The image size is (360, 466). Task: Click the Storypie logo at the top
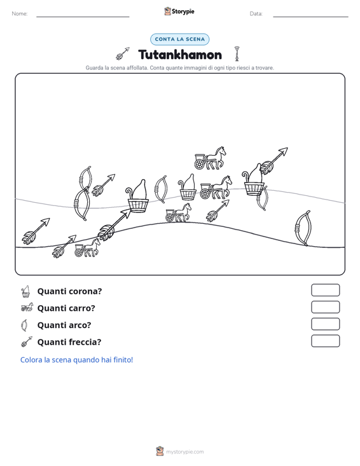click(x=179, y=11)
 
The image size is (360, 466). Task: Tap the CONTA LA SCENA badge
click(x=179, y=39)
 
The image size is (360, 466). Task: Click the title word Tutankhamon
click(x=180, y=55)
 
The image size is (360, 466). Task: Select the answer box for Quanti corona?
click(x=325, y=290)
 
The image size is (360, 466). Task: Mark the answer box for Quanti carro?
click(x=325, y=307)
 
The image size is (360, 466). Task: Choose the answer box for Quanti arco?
click(x=325, y=324)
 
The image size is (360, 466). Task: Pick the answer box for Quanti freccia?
click(x=325, y=341)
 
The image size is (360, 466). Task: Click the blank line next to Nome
click(x=83, y=17)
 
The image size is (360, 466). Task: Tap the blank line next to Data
click(x=310, y=17)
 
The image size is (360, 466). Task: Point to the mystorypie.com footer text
click(x=184, y=452)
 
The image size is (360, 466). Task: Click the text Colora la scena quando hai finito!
click(x=76, y=360)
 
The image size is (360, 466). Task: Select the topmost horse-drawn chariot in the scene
click(x=210, y=158)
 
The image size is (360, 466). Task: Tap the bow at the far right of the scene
click(x=303, y=228)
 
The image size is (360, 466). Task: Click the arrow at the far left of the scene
click(x=36, y=231)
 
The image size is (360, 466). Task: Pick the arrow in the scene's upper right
click(x=273, y=161)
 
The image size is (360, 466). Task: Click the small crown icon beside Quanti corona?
click(x=26, y=292)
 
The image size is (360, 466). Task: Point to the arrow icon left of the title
click(x=123, y=53)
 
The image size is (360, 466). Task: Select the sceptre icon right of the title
click(x=237, y=54)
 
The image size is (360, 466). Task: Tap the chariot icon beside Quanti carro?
click(x=27, y=307)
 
